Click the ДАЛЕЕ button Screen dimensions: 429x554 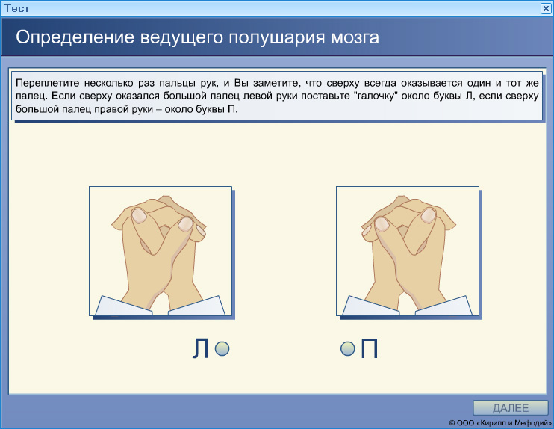pyautogui.click(x=510, y=407)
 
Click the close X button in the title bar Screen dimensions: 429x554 pyautogui.click(x=546, y=7)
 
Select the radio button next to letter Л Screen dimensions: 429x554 pyautogui.click(x=221, y=348)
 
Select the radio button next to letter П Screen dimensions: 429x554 pyautogui.click(x=346, y=348)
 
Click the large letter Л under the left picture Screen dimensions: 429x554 pyautogui.click(x=200, y=349)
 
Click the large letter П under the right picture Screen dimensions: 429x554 pyautogui.click(x=369, y=349)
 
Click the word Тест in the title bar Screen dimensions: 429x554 pyautogui.click(x=15, y=7)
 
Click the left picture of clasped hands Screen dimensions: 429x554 pyautogui.click(x=161, y=251)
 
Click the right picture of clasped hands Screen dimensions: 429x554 pyautogui.click(x=407, y=251)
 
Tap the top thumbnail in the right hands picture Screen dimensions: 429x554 pyautogui.click(x=429, y=215)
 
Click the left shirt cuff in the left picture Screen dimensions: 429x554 pyautogui.click(x=119, y=306)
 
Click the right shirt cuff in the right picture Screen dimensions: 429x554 pyautogui.click(x=448, y=306)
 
